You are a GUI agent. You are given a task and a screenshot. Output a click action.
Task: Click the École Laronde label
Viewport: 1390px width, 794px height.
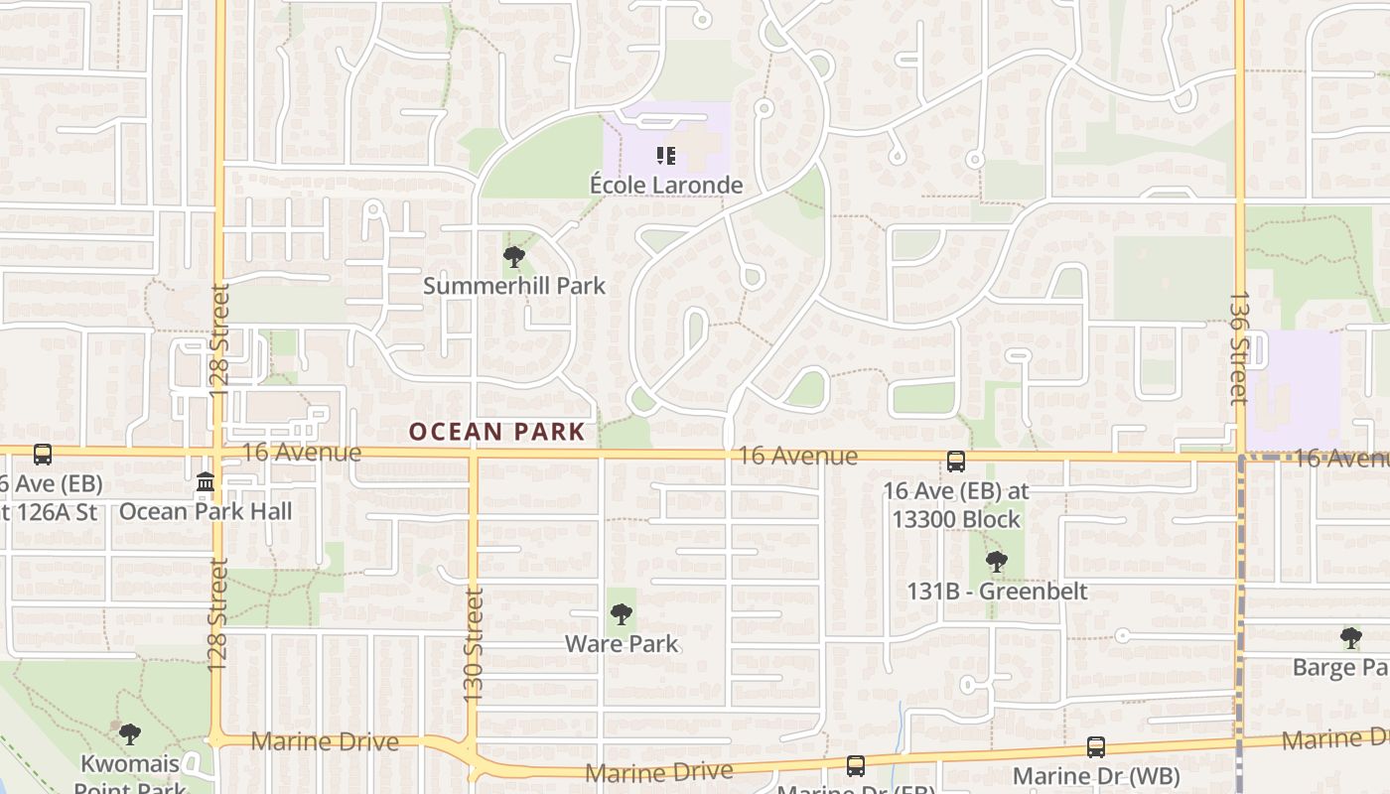666,185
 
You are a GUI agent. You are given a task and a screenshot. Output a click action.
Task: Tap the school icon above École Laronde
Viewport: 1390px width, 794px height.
666,156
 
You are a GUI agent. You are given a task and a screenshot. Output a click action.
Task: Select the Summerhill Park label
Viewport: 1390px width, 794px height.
514,286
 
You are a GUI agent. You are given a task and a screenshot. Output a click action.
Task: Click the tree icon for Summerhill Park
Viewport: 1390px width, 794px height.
514,258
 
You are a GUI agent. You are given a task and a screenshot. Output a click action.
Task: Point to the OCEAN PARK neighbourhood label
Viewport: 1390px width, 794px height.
497,432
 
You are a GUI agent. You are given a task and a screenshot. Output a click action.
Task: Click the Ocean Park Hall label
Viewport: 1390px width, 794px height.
206,511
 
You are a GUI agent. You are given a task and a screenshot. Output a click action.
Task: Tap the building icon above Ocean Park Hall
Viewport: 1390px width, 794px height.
206,483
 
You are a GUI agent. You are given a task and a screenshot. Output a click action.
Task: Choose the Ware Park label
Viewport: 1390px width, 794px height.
622,643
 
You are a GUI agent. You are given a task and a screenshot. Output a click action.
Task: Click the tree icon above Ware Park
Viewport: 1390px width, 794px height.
622,615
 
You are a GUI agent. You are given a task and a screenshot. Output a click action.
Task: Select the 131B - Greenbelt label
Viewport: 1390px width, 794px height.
997,592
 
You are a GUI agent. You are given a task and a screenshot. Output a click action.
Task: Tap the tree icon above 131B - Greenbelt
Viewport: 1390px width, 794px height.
997,562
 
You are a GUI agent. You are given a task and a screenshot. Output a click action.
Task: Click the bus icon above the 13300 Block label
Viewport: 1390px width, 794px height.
955,462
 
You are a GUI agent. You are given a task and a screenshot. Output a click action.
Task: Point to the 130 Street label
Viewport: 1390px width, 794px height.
474,645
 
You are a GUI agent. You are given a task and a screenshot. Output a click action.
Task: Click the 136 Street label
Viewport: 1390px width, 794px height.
1238,347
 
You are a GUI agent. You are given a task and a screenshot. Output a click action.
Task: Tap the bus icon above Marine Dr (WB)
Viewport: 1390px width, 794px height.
1096,747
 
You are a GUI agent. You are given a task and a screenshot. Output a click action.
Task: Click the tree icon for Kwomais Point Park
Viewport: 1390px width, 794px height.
129,735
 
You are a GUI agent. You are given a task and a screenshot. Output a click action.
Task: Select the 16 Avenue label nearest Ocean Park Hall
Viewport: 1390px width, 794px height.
302,453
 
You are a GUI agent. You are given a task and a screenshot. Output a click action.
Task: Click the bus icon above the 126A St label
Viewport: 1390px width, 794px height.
43,455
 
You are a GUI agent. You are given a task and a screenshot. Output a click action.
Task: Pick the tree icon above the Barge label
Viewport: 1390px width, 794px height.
1350,637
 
